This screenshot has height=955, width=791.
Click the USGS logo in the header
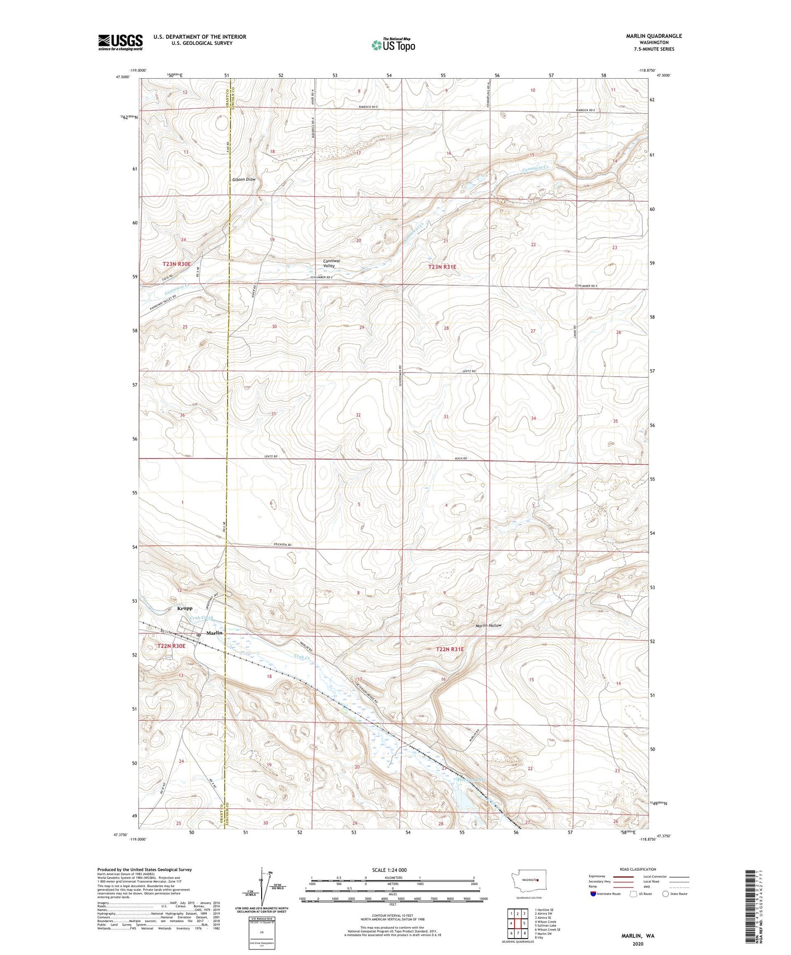pyautogui.click(x=120, y=42)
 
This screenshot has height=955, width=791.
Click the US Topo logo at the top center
pyautogui.click(x=393, y=45)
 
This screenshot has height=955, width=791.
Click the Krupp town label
pyautogui.click(x=184, y=608)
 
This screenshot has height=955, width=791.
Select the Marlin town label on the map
pyautogui.click(x=215, y=633)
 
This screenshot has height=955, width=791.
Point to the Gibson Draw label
pyautogui.click(x=244, y=179)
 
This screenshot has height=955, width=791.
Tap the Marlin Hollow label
pyautogui.click(x=488, y=625)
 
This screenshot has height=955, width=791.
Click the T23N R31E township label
pyautogui.click(x=442, y=267)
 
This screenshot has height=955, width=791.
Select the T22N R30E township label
pyautogui.click(x=172, y=646)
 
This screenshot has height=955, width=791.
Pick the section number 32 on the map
pyautogui.click(x=358, y=415)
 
